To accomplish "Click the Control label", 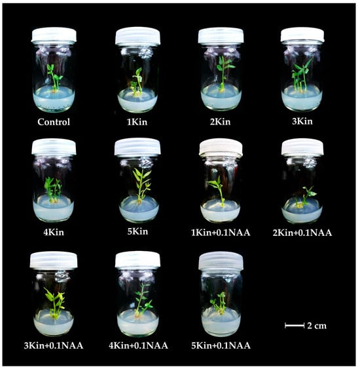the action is pos(54,122).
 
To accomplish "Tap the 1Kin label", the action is pos(137,122).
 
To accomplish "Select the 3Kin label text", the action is pos(302,121).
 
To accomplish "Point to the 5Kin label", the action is pos(137,231).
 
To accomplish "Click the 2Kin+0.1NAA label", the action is pos(302,233).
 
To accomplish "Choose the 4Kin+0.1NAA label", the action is pos(138,345).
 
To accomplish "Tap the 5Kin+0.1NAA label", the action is pos(221,345).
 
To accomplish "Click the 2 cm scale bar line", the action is pos(295,326).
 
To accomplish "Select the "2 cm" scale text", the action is pos(317,326).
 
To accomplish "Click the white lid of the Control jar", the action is pos(54,35).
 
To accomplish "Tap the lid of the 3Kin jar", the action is pos(302,35).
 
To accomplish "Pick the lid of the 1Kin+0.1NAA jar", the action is pos(221,147).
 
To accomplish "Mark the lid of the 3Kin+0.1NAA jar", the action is pos(54,260).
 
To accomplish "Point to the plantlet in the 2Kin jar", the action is pos(223,73).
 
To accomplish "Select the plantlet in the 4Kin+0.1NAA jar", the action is pos(142,301).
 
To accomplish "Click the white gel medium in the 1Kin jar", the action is pos(137,101).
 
